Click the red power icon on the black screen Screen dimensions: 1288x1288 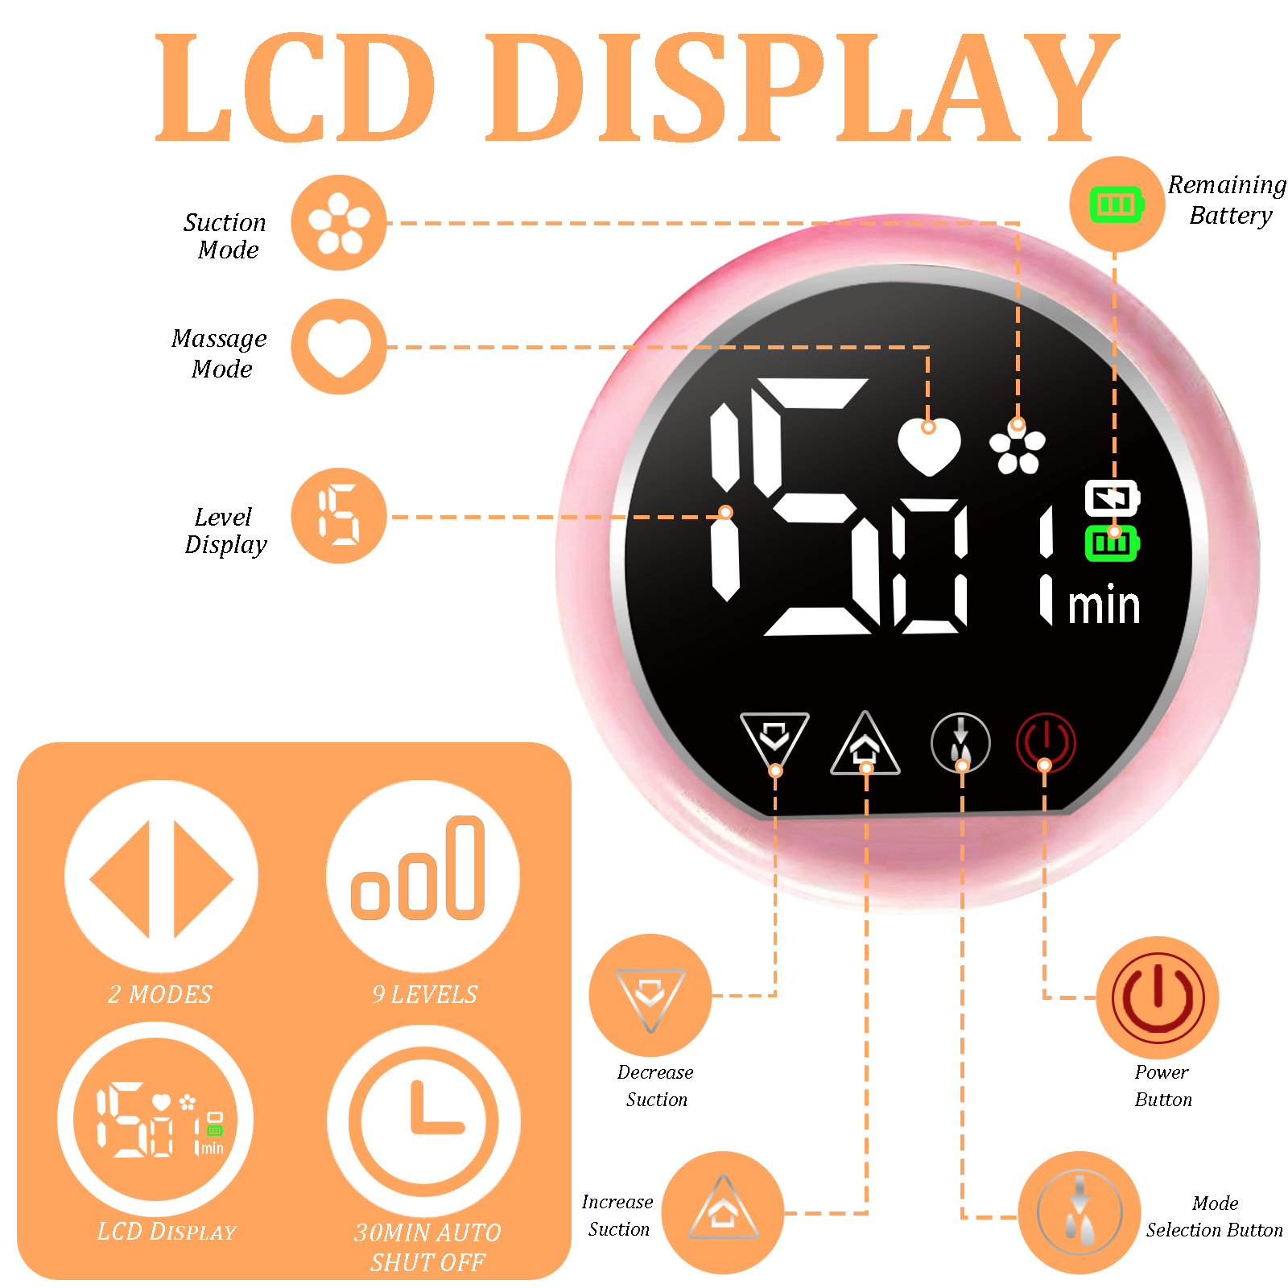(x=1045, y=741)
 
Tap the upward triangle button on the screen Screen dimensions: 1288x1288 (x=865, y=745)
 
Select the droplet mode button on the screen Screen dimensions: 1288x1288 (x=960, y=742)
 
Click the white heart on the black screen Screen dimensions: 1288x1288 (x=929, y=445)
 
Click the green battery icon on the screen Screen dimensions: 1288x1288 (x=1112, y=543)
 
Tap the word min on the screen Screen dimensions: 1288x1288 (x=1104, y=606)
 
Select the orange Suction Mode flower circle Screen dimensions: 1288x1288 (x=339, y=223)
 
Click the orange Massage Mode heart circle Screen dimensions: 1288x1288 (x=339, y=347)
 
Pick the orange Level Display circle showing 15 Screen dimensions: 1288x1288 (x=339, y=516)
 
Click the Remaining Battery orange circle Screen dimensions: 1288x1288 (x=1117, y=204)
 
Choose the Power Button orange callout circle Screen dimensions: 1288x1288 (x=1158, y=997)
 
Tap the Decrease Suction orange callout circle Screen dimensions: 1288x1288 (x=650, y=996)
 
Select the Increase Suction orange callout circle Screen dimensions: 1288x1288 (x=723, y=1212)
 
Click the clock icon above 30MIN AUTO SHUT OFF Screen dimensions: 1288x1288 (x=423, y=1121)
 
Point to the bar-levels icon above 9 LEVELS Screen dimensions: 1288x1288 (x=423, y=876)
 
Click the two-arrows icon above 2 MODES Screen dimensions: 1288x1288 (x=161, y=877)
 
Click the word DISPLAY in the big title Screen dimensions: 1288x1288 (x=801, y=89)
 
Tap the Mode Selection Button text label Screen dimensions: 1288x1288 (x=1214, y=1216)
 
